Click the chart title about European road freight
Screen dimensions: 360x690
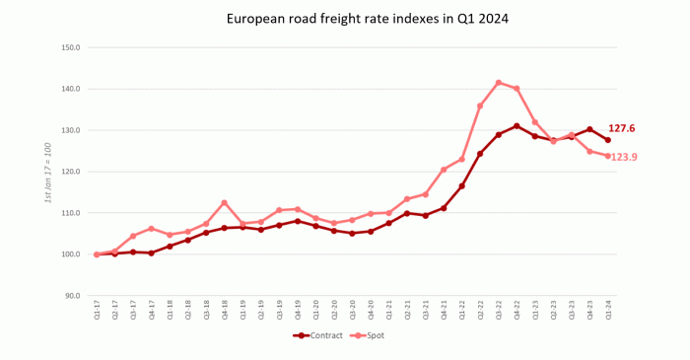pos(345,19)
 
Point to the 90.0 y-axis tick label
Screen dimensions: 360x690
pos(69,296)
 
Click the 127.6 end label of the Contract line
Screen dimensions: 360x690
pos(622,128)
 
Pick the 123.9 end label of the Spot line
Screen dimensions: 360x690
pos(624,157)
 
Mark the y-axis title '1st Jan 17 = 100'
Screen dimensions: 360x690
pos(47,173)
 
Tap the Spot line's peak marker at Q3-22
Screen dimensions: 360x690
pos(499,83)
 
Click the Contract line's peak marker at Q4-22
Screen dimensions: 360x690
pos(517,126)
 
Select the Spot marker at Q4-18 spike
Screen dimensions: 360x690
pos(224,203)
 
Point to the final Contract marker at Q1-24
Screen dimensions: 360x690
pos(608,140)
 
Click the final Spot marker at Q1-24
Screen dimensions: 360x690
pos(608,156)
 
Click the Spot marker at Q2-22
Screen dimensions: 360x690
pos(480,106)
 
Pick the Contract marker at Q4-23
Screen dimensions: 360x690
pos(589,129)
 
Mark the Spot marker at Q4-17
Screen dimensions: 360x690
pos(151,229)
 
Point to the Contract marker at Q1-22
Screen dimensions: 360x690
pos(461,186)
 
